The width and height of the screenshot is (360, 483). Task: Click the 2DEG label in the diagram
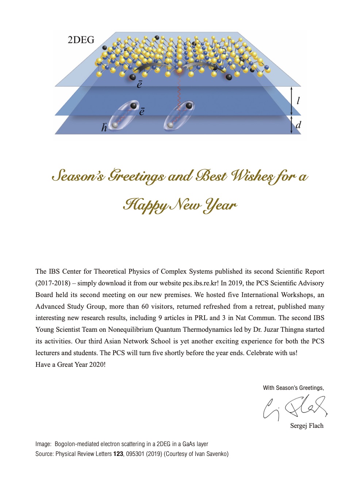[81, 40]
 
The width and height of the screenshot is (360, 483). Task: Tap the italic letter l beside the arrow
[298, 100]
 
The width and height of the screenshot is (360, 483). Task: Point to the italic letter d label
[298, 125]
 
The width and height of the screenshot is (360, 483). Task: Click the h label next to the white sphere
[104, 127]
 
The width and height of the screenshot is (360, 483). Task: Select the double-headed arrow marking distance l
[291, 101]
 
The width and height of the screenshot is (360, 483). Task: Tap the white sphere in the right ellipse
[170, 125]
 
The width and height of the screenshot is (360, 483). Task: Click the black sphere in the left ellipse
[134, 106]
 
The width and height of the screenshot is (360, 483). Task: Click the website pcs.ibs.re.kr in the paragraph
[200, 283]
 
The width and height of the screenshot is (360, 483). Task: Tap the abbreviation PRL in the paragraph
[201, 318]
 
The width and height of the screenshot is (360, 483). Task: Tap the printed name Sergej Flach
[307, 426]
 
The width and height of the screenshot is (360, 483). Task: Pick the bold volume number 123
[118, 454]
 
